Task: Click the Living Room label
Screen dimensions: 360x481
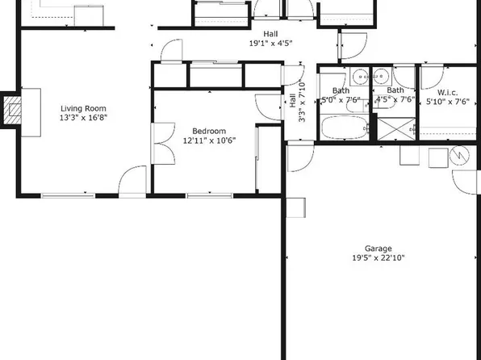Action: click(84, 108)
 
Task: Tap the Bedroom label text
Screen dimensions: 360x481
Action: click(208, 131)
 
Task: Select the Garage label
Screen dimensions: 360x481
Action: click(378, 249)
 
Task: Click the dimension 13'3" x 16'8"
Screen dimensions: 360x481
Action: click(84, 118)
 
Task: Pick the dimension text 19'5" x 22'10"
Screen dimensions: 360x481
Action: click(378, 258)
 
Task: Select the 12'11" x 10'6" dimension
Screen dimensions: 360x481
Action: click(208, 140)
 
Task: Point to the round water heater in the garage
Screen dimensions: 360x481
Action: click(461, 153)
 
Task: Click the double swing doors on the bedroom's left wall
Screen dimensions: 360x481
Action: click(161, 137)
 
